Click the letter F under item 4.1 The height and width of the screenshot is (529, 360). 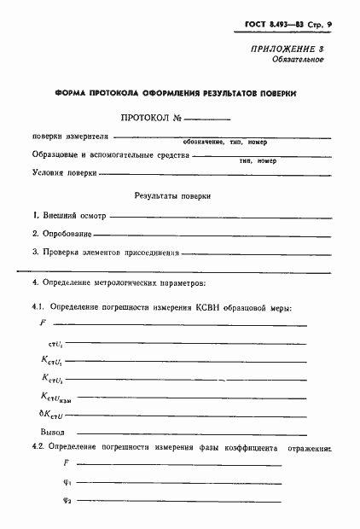click(x=43, y=323)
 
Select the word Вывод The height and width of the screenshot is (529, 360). click(x=54, y=431)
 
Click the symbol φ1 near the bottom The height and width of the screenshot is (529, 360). click(x=69, y=480)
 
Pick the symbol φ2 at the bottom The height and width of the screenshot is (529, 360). click(x=69, y=499)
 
